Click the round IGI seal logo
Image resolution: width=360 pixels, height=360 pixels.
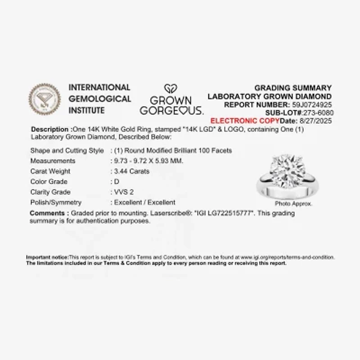(44, 99)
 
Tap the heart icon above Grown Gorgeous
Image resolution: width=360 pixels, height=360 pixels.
(171, 89)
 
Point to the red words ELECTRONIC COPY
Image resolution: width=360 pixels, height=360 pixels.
(245, 121)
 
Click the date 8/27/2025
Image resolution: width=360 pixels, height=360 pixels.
(316, 121)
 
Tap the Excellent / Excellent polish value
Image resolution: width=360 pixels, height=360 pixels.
(145, 202)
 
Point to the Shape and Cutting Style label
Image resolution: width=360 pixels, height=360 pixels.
(67, 151)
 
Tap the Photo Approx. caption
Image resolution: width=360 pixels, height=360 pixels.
(293, 204)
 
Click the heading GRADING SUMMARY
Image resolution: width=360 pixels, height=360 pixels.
(293, 88)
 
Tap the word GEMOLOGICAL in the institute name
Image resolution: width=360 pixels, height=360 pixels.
(99, 99)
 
